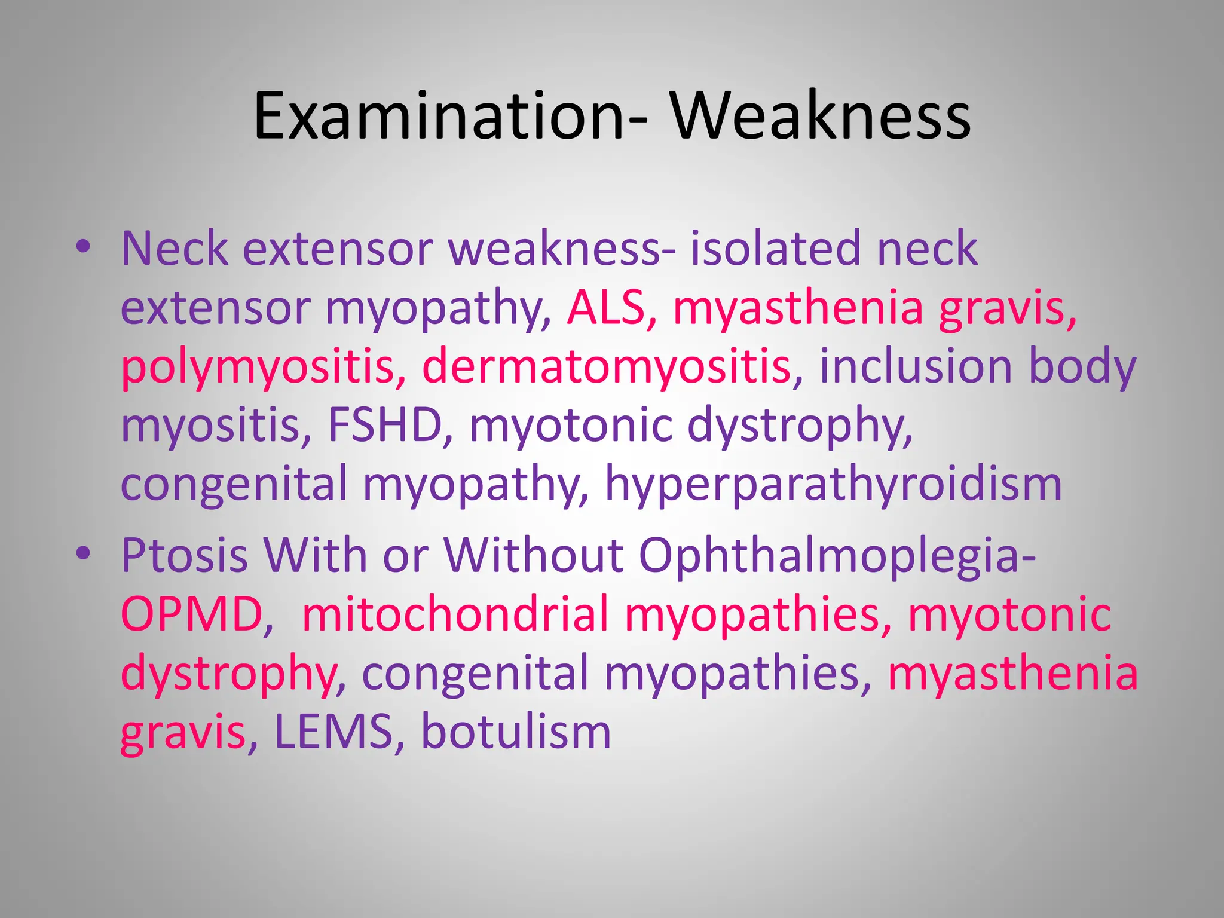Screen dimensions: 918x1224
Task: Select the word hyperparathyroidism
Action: pyautogui.click(x=833, y=484)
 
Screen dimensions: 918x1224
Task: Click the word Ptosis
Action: pyautogui.click(x=184, y=555)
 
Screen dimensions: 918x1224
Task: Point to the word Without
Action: pyautogui.click(x=534, y=555)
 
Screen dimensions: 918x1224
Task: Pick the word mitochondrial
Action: pyautogui.click(x=455, y=614)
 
